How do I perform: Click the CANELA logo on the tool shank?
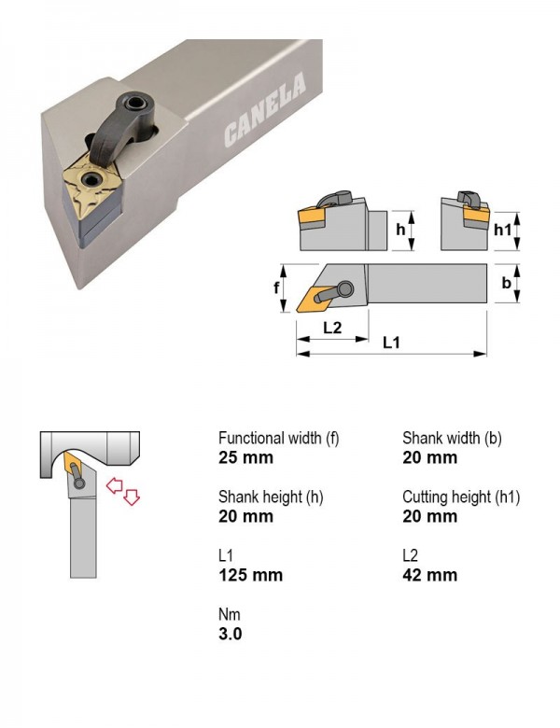pyautogui.click(x=265, y=109)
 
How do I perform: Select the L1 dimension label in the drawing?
pyautogui.click(x=391, y=343)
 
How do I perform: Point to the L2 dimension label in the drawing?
pyautogui.click(x=332, y=328)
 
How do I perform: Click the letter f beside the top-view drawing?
pyautogui.click(x=276, y=287)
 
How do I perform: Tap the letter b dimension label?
pyautogui.click(x=506, y=282)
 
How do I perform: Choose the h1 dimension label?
pyautogui.click(x=502, y=230)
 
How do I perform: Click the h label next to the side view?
pyautogui.click(x=400, y=230)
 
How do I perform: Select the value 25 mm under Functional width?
pyautogui.click(x=245, y=457)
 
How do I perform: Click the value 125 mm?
pyautogui.click(x=251, y=575)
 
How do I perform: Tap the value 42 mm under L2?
pyautogui.click(x=430, y=575)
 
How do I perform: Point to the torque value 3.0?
pyautogui.click(x=231, y=634)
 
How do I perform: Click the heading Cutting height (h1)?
pyautogui.click(x=461, y=497)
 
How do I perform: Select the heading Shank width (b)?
pyautogui.click(x=453, y=438)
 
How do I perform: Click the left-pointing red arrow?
pyautogui.click(x=114, y=486)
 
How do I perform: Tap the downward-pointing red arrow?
pyautogui.click(x=132, y=497)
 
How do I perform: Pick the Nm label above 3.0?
pyautogui.click(x=230, y=614)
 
